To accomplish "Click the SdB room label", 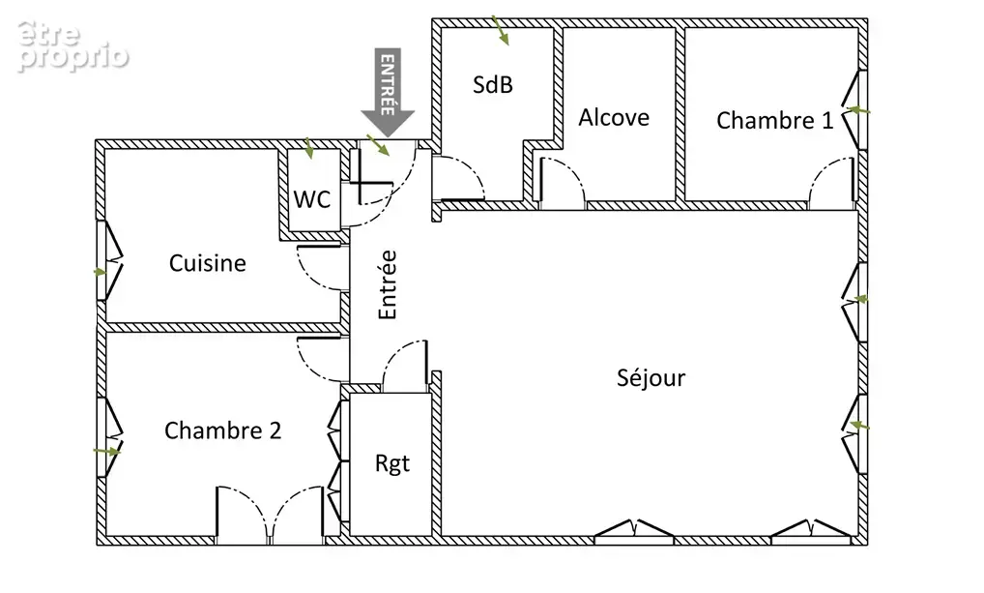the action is pos(493,84).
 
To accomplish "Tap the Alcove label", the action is pos(614,117).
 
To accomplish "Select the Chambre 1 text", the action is pos(775,120).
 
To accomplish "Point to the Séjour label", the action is pos(651,377).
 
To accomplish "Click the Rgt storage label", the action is pos(392,463).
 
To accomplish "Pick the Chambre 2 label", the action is pos(222,430).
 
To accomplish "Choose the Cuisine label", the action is pos(207,262).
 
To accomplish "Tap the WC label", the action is pos(312,199).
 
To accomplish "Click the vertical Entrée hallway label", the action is pos(388,284).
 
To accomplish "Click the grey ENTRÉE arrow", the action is pos(388,92).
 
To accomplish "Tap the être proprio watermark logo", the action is pos(72,45).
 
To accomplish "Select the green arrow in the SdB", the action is pos(500,31).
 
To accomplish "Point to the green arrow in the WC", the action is pos(308,148).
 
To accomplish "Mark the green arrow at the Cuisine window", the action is pos(100,272).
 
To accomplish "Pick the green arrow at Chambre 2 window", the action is pos(106,451).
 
